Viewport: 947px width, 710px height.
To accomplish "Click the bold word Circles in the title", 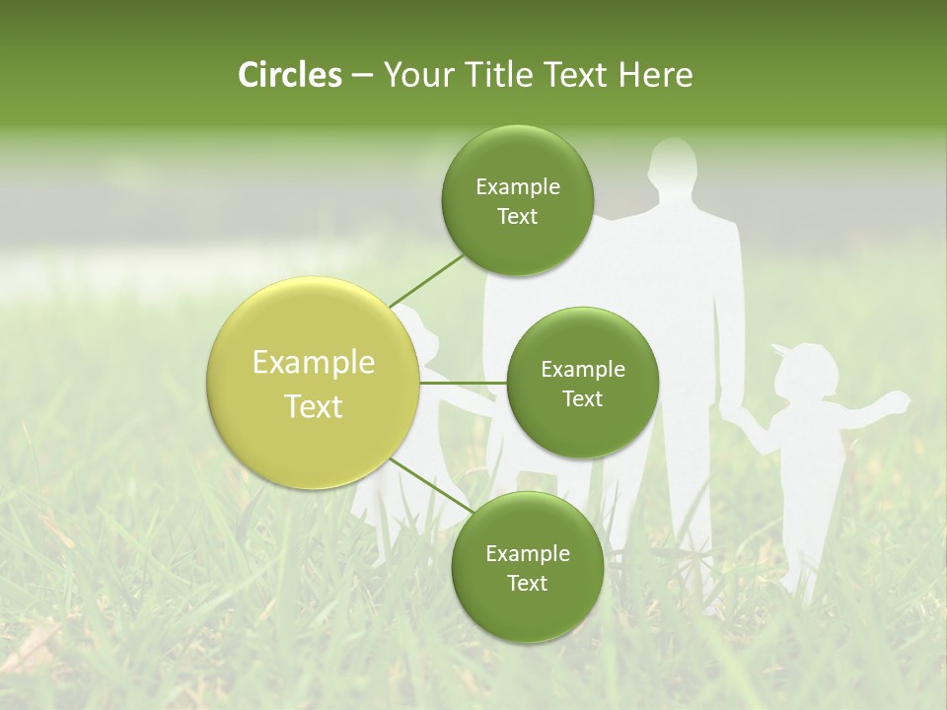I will click(x=290, y=75).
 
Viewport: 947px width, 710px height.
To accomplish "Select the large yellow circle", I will click(x=314, y=383).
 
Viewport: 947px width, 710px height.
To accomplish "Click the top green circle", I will click(x=517, y=200).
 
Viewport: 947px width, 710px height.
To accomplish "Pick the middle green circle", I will click(x=582, y=383).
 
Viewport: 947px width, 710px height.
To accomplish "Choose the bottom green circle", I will click(x=527, y=567).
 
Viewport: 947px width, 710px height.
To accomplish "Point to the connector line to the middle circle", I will click(x=464, y=383).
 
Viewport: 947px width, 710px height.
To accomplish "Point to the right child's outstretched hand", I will click(x=898, y=399).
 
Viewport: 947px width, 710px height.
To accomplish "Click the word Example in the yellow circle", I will click(x=314, y=363).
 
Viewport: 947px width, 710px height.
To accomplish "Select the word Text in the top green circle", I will click(x=517, y=217).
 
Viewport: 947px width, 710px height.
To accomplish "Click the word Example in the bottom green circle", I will click(x=527, y=553).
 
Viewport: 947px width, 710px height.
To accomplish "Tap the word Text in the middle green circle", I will click(x=582, y=398).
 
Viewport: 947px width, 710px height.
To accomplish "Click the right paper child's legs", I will click(x=801, y=552).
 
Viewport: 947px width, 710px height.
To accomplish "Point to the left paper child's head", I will click(x=419, y=330).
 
